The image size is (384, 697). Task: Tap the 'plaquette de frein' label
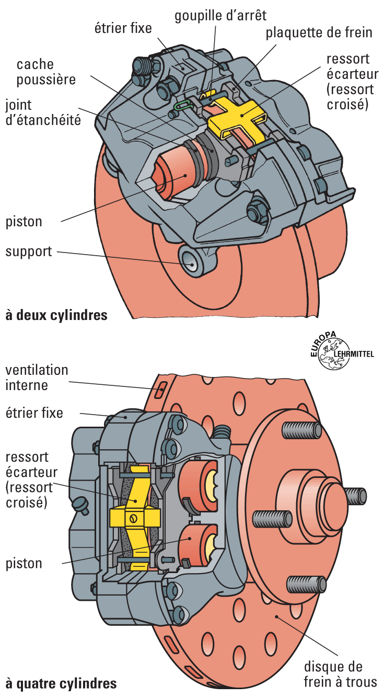point(319,33)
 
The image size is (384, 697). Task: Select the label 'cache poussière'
point(46,72)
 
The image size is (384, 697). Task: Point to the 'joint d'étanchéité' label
point(43,112)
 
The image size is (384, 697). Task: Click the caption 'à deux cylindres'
point(56,315)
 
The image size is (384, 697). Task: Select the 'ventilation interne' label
point(37,378)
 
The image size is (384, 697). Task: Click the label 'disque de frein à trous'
point(340,674)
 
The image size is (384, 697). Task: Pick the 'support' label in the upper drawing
point(29,252)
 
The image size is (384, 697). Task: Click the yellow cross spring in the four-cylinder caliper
point(135,515)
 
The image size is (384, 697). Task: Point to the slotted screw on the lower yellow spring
point(135,519)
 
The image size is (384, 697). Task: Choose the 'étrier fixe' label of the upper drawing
point(123,27)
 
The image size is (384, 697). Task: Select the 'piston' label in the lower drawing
point(24,563)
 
